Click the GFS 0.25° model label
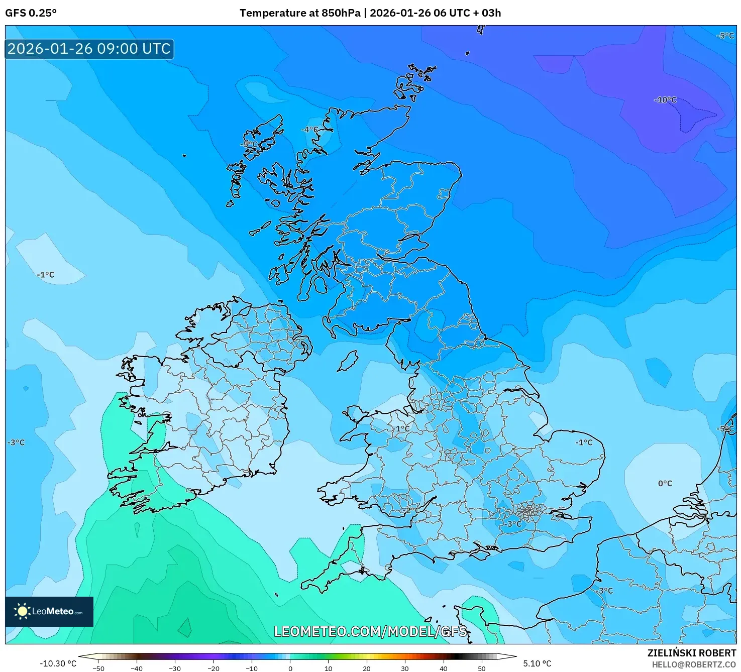(31, 13)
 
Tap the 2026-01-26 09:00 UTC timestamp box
(89, 49)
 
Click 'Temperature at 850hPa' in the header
(299, 13)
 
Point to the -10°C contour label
(665, 100)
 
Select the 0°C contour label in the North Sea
(665, 483)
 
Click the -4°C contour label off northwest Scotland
(309, 130)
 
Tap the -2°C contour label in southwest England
(409, 510)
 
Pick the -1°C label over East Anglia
(584, 442)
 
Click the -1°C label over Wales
(401, 428)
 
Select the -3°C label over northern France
(605, 591)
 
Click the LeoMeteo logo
(49, 611)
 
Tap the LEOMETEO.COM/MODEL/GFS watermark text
(370, 631)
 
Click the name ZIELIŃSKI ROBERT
(691, 653)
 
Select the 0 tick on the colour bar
(290, 668)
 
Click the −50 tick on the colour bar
(98, 668)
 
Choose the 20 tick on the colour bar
(367, 668)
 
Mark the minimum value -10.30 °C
(58, 663)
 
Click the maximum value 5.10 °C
(537, 663)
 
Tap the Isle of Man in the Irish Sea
(348, 361)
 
